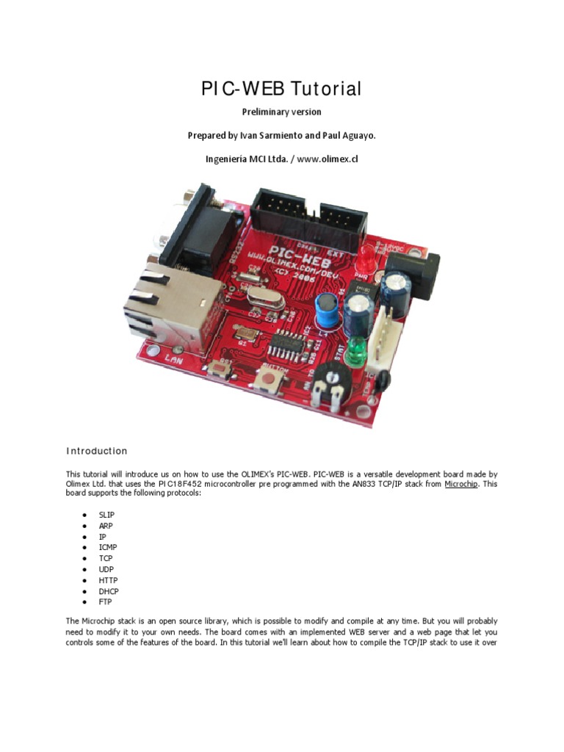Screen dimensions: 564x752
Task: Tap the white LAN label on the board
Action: [x=174, y=359]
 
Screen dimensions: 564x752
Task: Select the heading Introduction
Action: [x=97, y=451]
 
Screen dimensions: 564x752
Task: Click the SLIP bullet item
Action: [x=106, y=515]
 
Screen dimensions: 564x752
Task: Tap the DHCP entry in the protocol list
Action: [x=109, y=591]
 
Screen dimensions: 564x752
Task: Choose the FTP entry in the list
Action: [x=106, y=602]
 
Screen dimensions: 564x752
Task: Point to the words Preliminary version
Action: [x=281, y=112]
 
